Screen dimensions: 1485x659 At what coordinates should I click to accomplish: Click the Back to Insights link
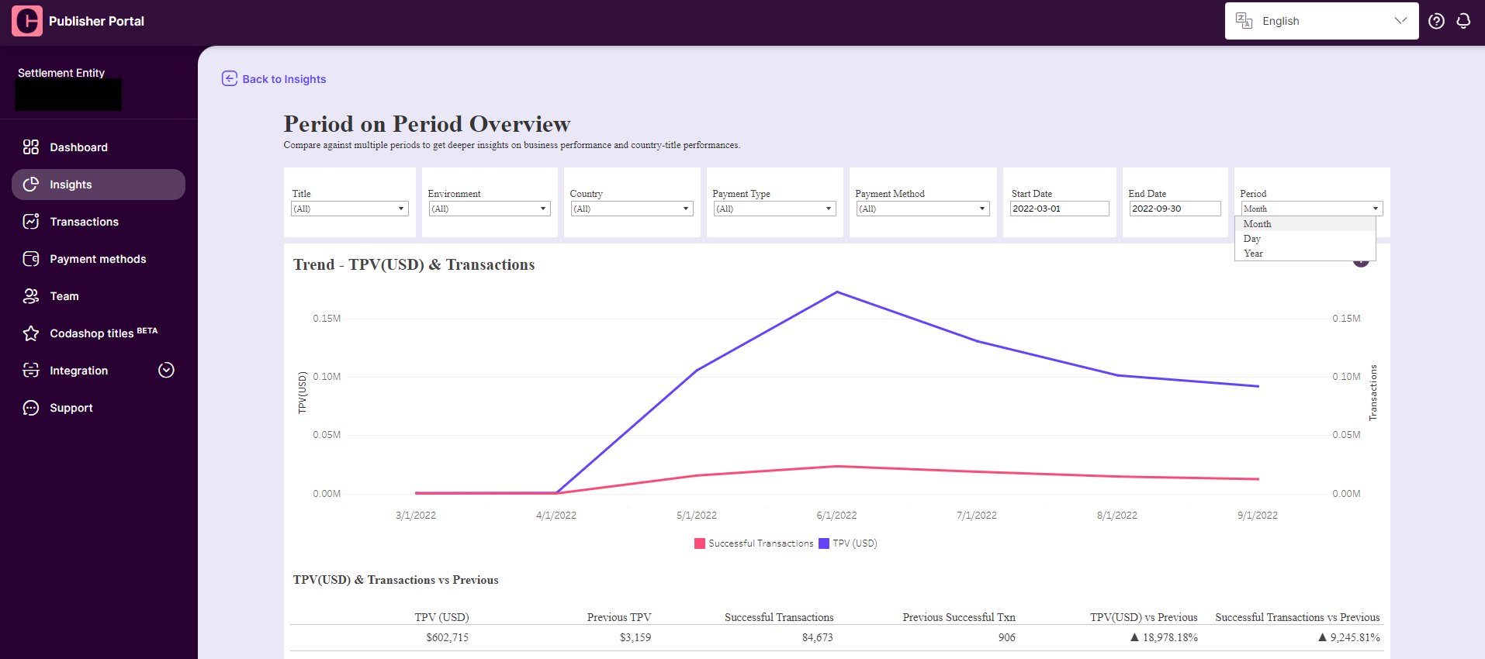coord(274,79)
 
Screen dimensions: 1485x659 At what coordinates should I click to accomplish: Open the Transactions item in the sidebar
coord(84,222)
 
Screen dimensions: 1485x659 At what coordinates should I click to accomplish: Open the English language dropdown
coord(1321,21)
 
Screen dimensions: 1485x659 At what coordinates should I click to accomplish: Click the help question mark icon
coord(1436,21)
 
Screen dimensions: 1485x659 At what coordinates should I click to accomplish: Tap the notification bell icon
coord(1463,21)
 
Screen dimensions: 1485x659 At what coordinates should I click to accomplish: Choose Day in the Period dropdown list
coord(1252,239)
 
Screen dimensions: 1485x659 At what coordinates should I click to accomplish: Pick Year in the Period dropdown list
coord(1253,254)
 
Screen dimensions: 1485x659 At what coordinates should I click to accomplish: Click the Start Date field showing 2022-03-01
coord(1059,209)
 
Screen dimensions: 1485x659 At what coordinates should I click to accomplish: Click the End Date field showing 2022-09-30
coord(1175,209)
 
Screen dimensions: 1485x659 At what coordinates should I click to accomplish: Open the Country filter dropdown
coord(632,209)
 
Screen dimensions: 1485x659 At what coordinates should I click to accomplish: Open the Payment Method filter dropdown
coord(922,209)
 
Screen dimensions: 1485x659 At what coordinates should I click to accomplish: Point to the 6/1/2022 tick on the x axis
coord(836,516)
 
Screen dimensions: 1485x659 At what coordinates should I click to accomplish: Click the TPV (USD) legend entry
coord(848,543)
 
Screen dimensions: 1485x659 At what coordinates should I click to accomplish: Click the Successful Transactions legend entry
coord(754,543)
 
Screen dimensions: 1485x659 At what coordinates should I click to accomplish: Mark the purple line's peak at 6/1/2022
coord(837,292)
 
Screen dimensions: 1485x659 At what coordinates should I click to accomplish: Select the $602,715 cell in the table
coord(447,637)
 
